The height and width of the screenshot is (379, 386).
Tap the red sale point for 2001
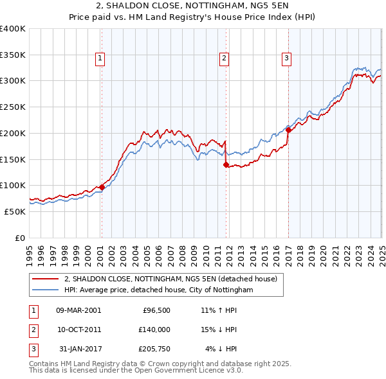pyautogui.click(x=102, y=188)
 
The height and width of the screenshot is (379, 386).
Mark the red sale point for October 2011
pyautogui.click(x=226, y=164)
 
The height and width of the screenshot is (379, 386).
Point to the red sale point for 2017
pyautogui.click(x=288, y=130)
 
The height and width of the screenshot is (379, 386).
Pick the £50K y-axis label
pyautogui.click(x=15, y=211)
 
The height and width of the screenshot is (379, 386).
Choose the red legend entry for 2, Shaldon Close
pyautogui.click(x=170, y=279)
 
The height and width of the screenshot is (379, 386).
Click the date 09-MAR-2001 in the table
pyautogui.click(x=78, y=310)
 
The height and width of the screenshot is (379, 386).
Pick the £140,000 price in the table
pyautogui.click(x=152, y=330)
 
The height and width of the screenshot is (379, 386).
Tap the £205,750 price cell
pyautogui.click(x=152, y=349)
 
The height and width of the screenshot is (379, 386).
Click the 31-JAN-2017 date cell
pyautogui.click(x=78, y=349)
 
